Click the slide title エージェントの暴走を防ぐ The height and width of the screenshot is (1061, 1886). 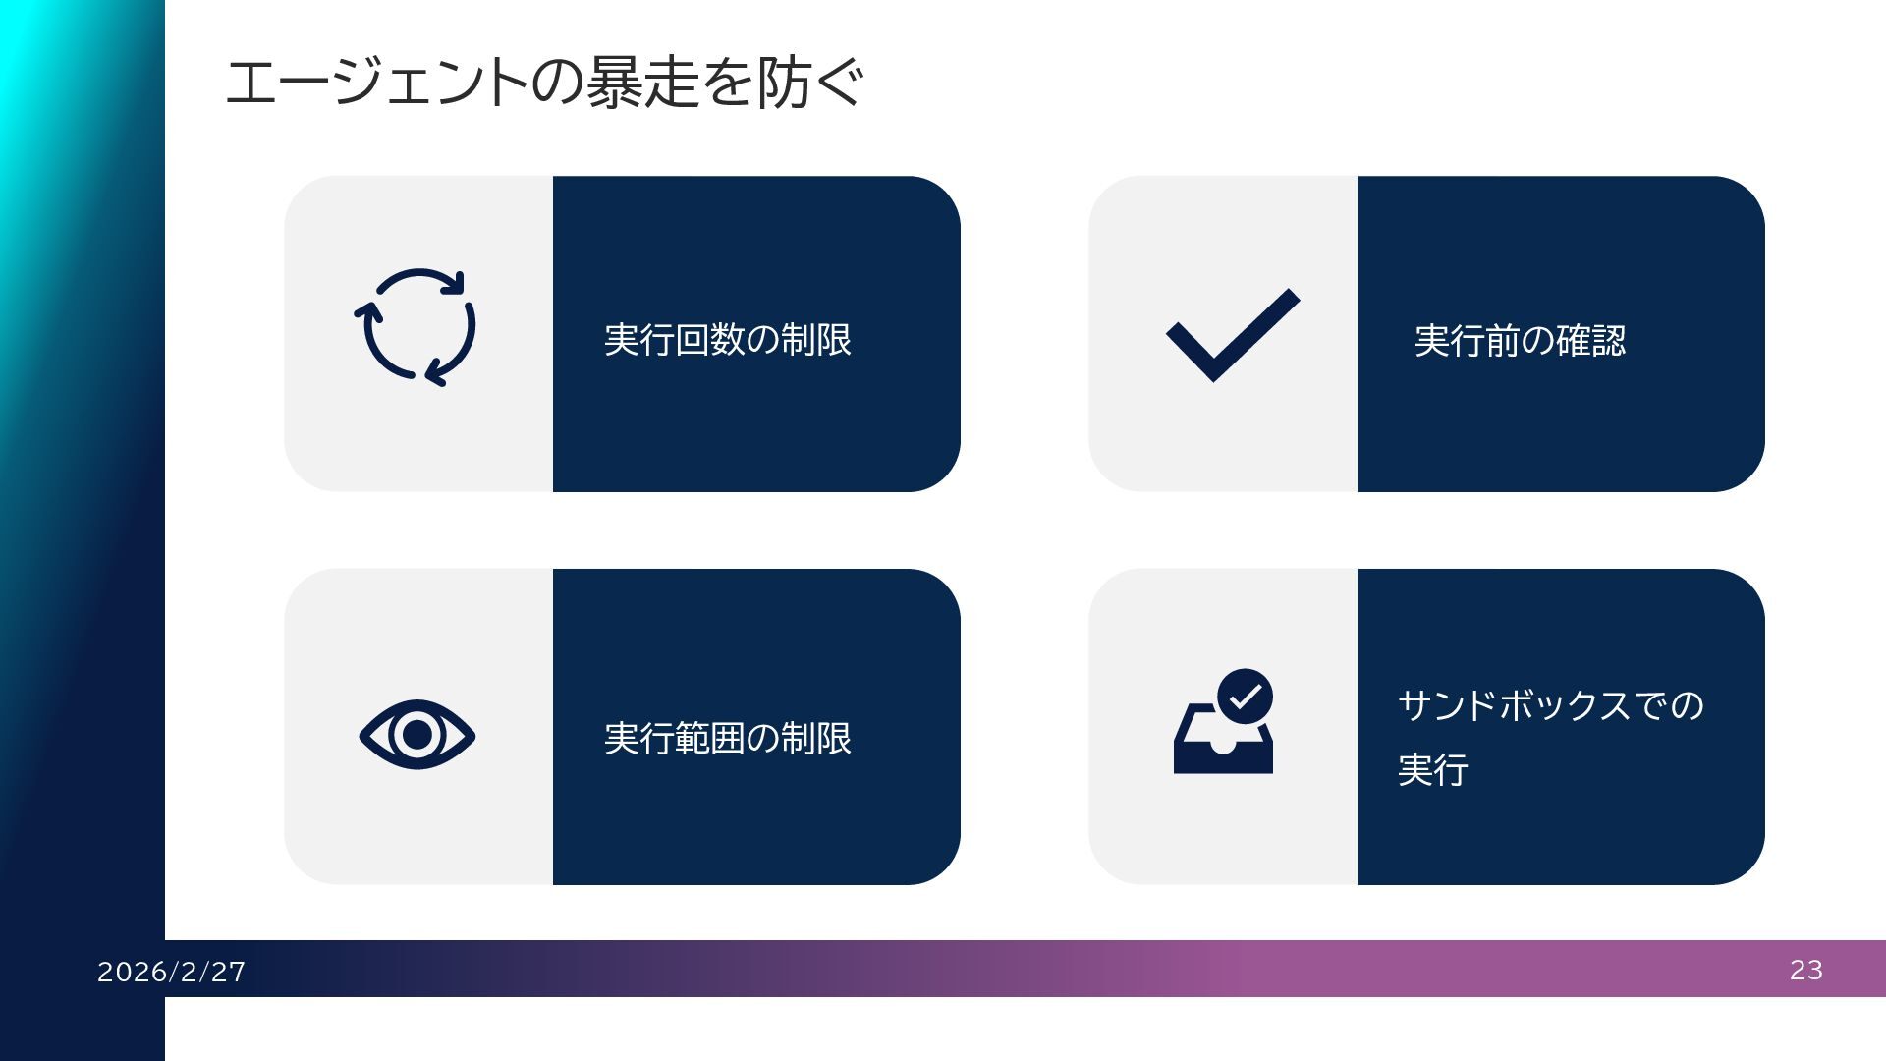point(544,83)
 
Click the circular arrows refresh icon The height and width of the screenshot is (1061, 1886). point(416,327)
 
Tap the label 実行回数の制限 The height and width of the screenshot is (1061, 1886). point(727,340)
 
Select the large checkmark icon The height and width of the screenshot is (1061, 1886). point(1232,334)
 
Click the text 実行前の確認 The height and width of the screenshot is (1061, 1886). point(1520,341)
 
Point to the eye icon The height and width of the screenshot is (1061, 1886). point(416,735)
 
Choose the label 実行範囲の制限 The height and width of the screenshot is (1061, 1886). point(727,739)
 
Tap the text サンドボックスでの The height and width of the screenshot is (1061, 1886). point(1550,705)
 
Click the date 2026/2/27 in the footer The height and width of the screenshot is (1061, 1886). point(172,972)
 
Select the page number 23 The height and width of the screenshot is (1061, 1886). point(1805,970)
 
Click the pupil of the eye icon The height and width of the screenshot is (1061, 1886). point(417,735)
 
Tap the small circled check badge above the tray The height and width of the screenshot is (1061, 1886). point(1245,697)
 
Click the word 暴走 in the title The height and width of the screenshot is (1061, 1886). point(642,83)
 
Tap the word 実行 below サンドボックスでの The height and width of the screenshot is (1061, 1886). point(1432,769)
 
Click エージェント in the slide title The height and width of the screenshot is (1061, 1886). point(377,83)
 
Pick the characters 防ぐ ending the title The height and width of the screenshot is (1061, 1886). point(811,83)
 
